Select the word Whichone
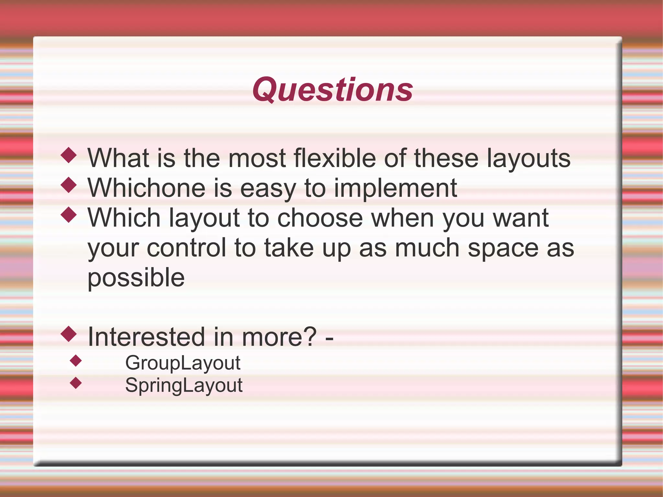(147, 188)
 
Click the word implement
(395, 188)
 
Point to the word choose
(320, 218)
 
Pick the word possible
(136, 278)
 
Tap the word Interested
(147, 337)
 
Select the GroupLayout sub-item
(183, 363)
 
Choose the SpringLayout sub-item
(184, 385)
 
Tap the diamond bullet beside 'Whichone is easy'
(69, 185)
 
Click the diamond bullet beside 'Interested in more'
(69, 334)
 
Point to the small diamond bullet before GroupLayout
(76, 361)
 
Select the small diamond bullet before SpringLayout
(76, 383)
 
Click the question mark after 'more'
(310, 337)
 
